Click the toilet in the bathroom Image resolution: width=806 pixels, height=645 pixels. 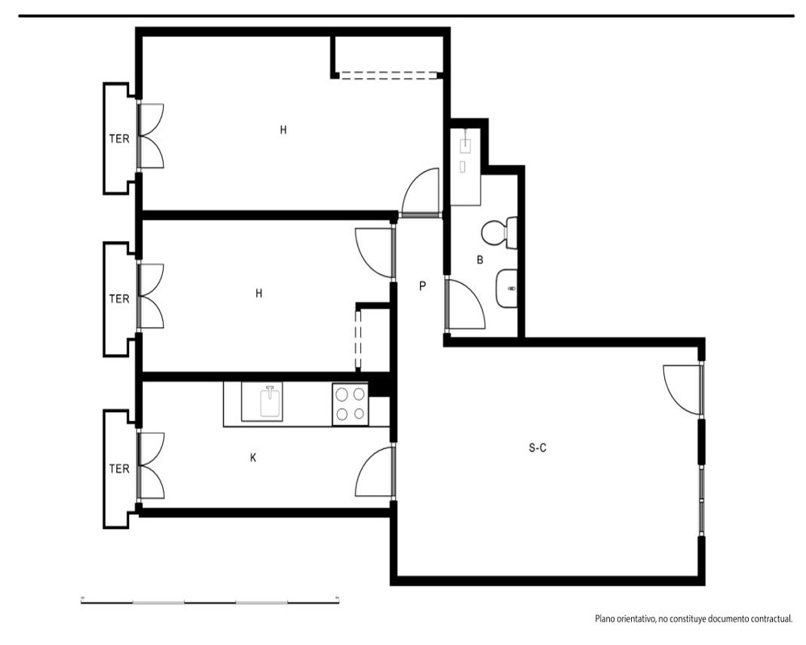499,232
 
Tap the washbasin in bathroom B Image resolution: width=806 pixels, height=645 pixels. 507,289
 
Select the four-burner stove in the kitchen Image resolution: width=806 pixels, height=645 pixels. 350,404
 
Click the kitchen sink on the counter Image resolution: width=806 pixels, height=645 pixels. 270,403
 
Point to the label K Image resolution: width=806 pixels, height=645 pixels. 253,458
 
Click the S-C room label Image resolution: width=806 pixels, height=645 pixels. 537,448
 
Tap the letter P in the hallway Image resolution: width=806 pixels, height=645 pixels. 422,286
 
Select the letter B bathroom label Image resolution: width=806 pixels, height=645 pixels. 480,260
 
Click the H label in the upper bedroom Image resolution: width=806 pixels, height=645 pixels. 283,130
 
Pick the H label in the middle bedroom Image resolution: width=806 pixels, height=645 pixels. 259,293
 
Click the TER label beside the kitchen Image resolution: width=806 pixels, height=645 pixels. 119,468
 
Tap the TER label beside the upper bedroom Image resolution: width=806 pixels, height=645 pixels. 119,139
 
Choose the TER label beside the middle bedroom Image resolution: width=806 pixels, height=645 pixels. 119,298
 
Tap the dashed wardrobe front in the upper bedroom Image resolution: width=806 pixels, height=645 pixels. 389,76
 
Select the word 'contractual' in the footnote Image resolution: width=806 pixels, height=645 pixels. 770,618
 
